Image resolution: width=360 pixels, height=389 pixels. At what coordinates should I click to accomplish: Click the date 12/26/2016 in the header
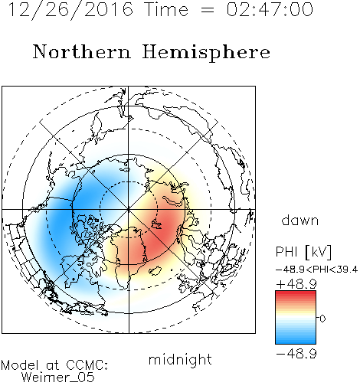(x=70, y=10)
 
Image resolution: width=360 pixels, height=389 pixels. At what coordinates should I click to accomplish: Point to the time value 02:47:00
(x=270, y=9)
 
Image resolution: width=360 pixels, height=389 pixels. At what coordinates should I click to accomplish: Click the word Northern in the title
(x=82, y=52)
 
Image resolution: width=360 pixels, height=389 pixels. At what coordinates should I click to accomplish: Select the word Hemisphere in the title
(x=206, y=53)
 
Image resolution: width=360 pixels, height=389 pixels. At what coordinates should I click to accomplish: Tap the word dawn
(x=300, y=221)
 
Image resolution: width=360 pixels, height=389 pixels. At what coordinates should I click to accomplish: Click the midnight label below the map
(x=180, y=361)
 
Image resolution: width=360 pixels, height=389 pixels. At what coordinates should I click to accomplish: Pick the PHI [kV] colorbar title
(x=304, y=252)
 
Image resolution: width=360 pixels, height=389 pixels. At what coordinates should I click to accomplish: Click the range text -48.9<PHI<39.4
(x=316, y=270)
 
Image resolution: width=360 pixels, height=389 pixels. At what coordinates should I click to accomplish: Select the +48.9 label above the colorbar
(x=296, y=284)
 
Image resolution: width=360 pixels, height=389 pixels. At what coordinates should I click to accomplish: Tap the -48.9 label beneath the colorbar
(x=296, y=354)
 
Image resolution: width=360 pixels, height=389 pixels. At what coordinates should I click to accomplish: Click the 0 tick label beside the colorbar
(x=322, y=319)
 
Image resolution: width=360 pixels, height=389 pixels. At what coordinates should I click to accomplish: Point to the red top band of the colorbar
(x=296, y=293)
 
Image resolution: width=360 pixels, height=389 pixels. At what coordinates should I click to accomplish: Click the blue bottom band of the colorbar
(x=296, y=342)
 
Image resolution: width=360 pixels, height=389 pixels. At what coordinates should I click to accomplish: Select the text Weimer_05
(x=58, y=378)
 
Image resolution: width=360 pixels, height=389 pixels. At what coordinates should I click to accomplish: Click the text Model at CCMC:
(x=54, y=365)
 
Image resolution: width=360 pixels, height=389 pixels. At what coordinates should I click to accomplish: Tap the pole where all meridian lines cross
(x=129, y=210)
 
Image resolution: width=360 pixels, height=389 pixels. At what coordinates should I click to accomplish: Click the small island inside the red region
(x=156, y=224)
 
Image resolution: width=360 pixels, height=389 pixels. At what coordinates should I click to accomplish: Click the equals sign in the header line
(x=207, y=10)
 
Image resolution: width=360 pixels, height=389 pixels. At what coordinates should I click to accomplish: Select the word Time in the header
(x=166, y=9)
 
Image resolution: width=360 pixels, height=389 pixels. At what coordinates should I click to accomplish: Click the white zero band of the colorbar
(x=296, y=318)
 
